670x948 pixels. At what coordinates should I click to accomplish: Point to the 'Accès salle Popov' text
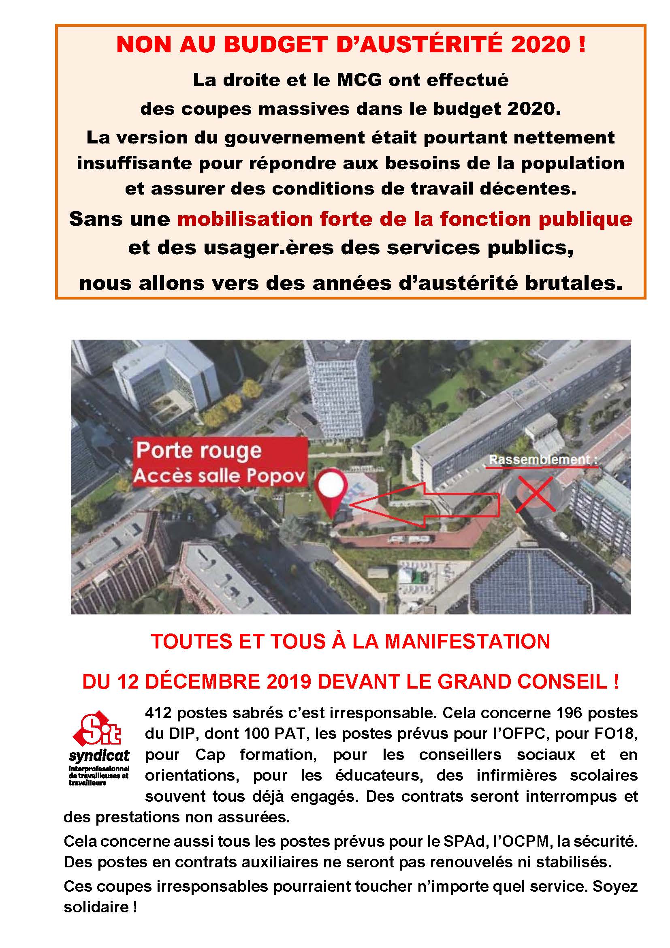(219, 476)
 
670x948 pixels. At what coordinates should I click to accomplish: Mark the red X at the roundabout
(536, 494)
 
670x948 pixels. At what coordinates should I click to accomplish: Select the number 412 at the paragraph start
(158, 713)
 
